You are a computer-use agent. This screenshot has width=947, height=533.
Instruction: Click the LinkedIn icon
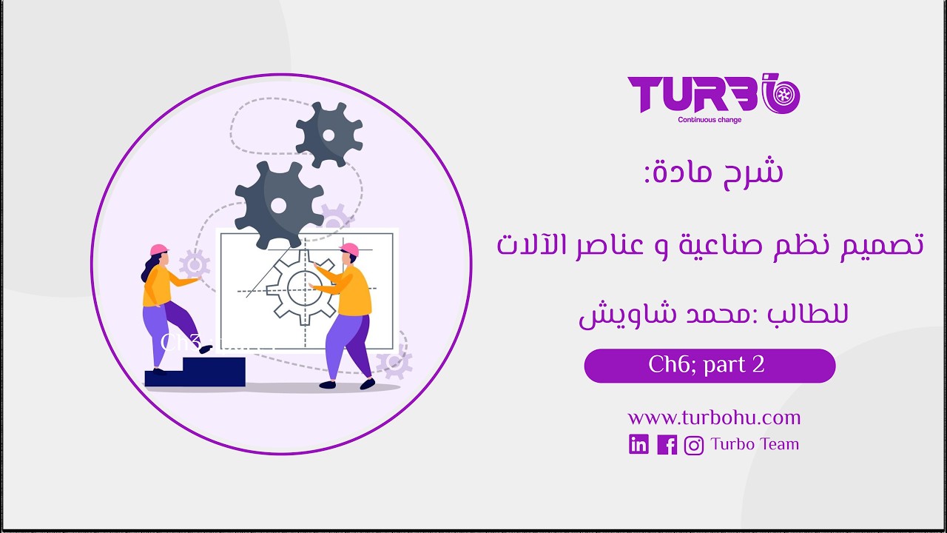click(x=638, y=444)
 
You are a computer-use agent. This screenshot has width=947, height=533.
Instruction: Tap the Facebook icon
click(x=667, y=444)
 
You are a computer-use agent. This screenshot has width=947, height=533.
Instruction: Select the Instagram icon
click(x=694, y=445)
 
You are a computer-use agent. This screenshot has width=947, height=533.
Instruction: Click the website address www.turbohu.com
click(x=714, y=418)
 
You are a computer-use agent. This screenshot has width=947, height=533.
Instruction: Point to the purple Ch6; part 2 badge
click(x=710, y=366)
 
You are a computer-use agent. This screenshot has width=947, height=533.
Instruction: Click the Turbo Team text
click(x=755, y=444)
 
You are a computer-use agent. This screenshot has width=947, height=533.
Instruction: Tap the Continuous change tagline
click(x=710, y=120)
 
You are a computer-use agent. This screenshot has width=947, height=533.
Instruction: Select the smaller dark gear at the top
click(x=329, y=134)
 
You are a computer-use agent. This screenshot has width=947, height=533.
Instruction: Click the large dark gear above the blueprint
click(x=278, y=205)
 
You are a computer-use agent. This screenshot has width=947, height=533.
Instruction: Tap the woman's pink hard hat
click(x=158, y=249)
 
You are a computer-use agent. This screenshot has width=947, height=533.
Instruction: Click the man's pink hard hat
click(x=348, y=249)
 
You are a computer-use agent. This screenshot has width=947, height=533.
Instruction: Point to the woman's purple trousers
click(x=166, y=329)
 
